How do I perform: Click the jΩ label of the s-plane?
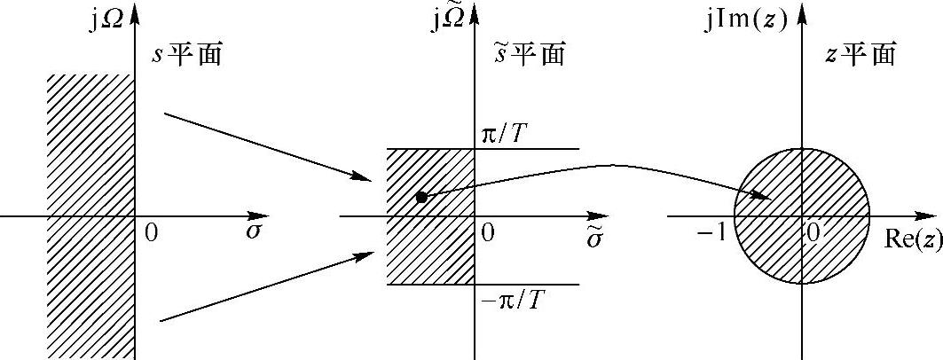coord(105,19)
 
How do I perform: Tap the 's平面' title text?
coord(186,55)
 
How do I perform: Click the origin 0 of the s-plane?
coord(150,232)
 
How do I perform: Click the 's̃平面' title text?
coord(529,55)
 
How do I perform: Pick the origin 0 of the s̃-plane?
coord(487,232)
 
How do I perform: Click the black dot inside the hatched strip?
coord(421,197)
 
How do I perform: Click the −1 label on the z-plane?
coord(712,232)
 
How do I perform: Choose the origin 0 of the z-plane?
coord(812,231)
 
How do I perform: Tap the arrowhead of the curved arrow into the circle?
coord(763,195)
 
